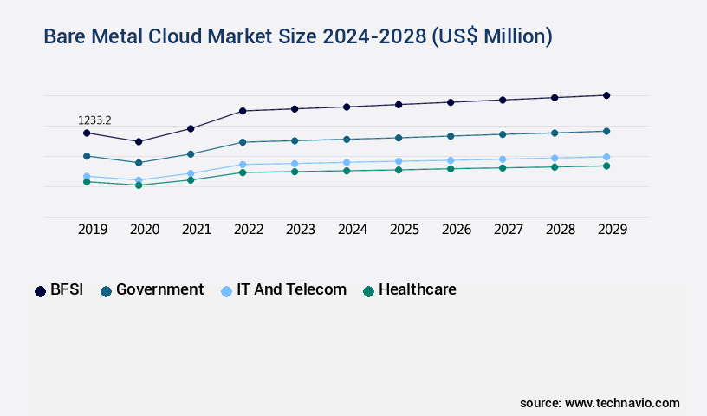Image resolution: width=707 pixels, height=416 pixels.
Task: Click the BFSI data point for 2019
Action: coord(87,133)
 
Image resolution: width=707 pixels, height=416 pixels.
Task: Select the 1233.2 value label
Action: coord(94,120)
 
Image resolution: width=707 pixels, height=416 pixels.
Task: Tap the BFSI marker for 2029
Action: coord(606,95)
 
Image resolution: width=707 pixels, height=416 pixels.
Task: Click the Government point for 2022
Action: coord(243,142)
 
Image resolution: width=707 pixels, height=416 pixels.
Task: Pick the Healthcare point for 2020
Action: coord(139,185)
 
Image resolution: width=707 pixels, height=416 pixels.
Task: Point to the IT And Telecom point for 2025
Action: coord(399,161)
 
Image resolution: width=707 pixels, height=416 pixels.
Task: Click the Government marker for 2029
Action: coord(606,131)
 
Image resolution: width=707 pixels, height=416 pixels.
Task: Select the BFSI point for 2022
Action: coord(243,111)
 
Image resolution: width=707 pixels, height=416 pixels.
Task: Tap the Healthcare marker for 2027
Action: coord(503,167)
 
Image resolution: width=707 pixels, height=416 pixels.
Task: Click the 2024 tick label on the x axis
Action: coord(353,230)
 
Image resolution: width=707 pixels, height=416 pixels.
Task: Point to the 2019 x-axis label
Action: coord(93,230)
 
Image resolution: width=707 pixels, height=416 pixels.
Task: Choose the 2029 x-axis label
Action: coord(613,230)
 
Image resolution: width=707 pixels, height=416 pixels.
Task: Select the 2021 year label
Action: coord(197,230)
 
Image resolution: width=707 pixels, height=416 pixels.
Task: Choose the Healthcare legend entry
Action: coord(409,290)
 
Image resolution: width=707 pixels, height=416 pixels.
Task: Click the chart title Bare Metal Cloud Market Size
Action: coord(298,36)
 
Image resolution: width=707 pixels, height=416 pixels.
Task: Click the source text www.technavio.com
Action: coord(600,403)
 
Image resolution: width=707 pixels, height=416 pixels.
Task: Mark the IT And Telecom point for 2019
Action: coord(87,176)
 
